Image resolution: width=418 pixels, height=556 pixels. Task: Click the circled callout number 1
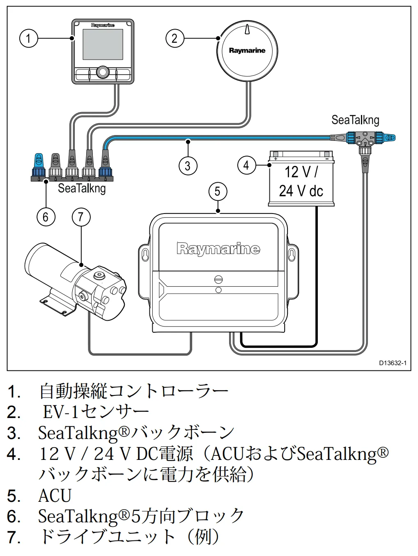tap(29, 39)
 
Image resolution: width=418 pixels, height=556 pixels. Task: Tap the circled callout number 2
tap(175, 39)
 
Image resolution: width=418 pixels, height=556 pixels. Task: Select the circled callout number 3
tap(188, 166)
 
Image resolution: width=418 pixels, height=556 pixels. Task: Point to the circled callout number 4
tap(247, 165)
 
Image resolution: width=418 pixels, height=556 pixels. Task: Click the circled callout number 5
tap(218, 191)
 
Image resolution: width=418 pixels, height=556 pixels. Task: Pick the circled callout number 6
tap(46, 217)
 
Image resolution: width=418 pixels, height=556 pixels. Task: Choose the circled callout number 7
tap(81, 217)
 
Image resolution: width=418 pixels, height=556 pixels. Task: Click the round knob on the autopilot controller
tap(103, 72)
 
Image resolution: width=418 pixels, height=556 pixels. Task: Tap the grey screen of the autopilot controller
tap(103, 44)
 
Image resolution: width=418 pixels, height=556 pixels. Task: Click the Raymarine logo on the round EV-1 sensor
tap(247, 51)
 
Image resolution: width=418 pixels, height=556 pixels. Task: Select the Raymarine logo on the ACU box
tap(218, 248)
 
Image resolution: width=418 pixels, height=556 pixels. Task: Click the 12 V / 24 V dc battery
tap(301, 178)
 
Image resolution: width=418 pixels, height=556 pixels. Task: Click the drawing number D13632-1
tap(393, 363)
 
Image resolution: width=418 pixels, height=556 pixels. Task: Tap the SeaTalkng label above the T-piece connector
tap(355, 120)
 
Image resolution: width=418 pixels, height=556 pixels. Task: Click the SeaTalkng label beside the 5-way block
tap(82, 188)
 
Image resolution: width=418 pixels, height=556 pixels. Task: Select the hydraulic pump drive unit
tap(76, 281)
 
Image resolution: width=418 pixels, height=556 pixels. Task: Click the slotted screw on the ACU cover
tap(218, 279)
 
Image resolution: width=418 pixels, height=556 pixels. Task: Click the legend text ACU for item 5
tap(55, 495)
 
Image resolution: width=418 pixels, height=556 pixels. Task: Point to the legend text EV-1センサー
tap(96, 412)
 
